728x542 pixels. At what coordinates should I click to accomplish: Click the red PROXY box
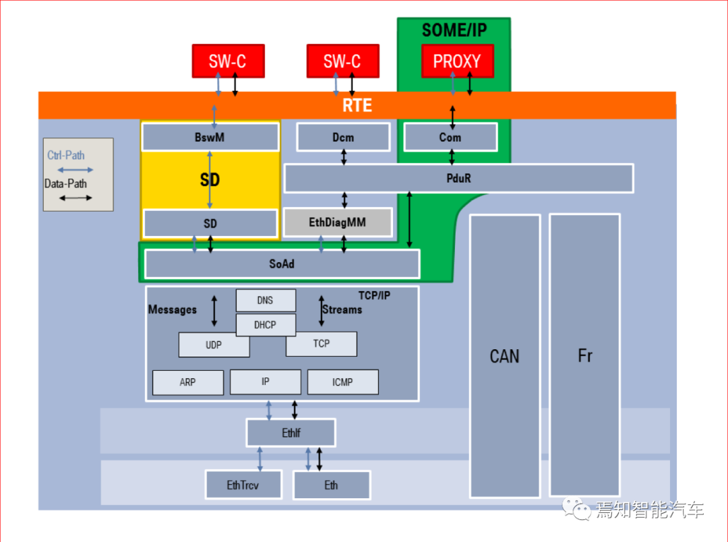(x=457, y=61)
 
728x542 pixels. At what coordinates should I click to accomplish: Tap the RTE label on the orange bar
(x=357, y=105)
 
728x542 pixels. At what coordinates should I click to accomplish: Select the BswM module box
(x=210, y=137)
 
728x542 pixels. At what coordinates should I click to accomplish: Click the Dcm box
(x=343, y=137)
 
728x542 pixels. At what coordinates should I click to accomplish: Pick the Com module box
(x=450, y=137)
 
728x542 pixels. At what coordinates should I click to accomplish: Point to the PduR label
(x=459, y=179)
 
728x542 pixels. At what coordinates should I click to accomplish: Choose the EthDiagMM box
(x=338, y=222)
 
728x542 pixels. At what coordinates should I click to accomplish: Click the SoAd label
(x=282, y=264)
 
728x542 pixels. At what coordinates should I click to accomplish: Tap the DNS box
(x=266, y=301)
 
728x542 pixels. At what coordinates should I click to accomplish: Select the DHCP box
(x=266, y=325)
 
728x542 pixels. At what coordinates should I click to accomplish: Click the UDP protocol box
(x=214, y=345)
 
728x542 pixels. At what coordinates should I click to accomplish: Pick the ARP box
(x=187, y=382)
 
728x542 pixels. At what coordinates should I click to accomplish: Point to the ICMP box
(x=342, y=382)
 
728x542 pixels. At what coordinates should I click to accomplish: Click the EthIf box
(x=291, y=433)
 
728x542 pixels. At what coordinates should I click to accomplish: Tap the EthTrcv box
(x=243, y=485)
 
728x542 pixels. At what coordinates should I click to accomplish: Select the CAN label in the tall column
(x=505, y=356)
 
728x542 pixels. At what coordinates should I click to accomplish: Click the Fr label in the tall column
(x=585, y=356)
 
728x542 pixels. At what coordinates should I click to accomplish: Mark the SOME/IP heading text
(x=454, y=30)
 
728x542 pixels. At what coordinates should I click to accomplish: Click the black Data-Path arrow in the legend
(x=75, y=198)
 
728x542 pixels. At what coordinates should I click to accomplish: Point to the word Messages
(x=173, y=310)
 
